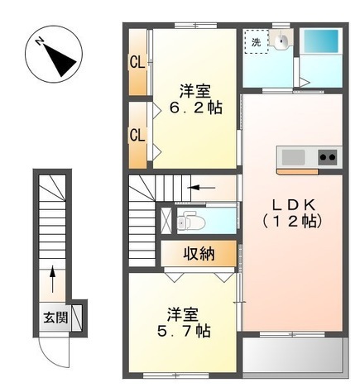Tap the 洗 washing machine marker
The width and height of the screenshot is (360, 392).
click(256, 41)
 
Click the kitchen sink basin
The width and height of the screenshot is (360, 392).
click(294, 155)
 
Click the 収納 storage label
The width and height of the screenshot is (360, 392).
click(199, 254)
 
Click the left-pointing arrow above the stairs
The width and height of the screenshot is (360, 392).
click(200, 188)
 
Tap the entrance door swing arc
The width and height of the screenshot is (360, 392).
click(55, 351)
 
